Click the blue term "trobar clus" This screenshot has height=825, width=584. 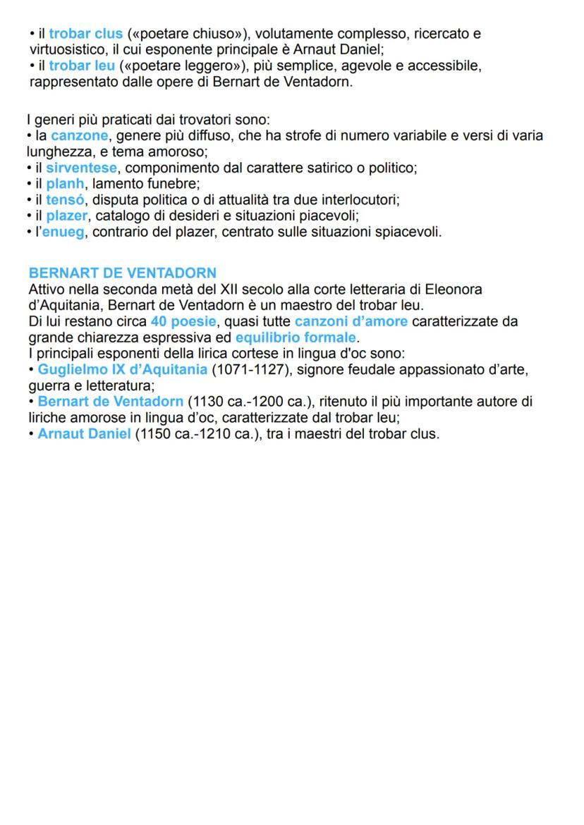[x=85, y=34]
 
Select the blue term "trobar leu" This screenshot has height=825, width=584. [x=82, y=66]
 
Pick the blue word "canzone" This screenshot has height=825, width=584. [x=80, y=135]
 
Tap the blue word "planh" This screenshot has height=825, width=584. [x=66, y=184]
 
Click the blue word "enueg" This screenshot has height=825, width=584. [x=63, y=232]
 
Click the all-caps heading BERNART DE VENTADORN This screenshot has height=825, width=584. [x=123, y=273]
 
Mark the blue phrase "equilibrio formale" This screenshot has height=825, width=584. [x=296, y=337]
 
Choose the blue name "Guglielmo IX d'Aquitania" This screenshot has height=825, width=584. [x=123, y=369]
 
